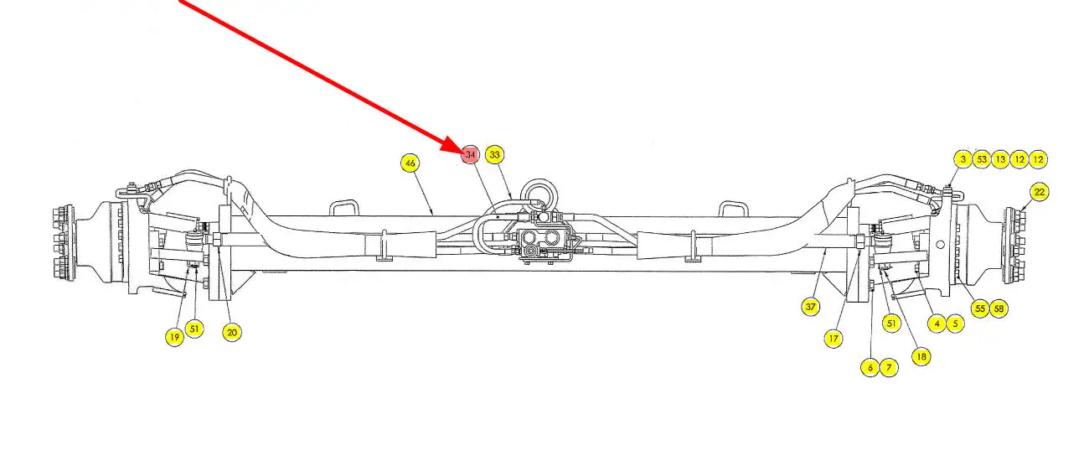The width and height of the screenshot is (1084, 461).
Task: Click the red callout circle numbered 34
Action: point(470,155)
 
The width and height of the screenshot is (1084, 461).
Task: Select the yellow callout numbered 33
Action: point(495,155)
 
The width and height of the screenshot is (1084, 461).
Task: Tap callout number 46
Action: point(410,163)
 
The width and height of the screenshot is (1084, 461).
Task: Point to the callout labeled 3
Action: point(963,159)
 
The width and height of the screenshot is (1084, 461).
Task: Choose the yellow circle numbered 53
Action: point(982,159)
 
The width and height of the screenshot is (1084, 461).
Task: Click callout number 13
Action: point(1000,159)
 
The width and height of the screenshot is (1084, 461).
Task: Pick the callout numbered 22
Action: point(1040,192)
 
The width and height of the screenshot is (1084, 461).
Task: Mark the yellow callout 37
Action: point(810,307)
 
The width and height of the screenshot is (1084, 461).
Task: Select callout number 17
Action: point(833,339)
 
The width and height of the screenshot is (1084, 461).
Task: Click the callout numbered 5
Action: point(955,323)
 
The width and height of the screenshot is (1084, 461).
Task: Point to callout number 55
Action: point(979,308)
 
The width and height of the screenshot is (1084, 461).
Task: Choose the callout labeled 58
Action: point(998,308)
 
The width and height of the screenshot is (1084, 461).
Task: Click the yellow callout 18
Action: point(921,356)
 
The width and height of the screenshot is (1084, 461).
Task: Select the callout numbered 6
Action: point(870,367)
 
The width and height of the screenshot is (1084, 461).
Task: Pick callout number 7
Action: point(888,367)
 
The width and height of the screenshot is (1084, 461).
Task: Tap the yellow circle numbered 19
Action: point(174,337)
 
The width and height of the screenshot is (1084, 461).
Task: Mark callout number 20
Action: point(232,332)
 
